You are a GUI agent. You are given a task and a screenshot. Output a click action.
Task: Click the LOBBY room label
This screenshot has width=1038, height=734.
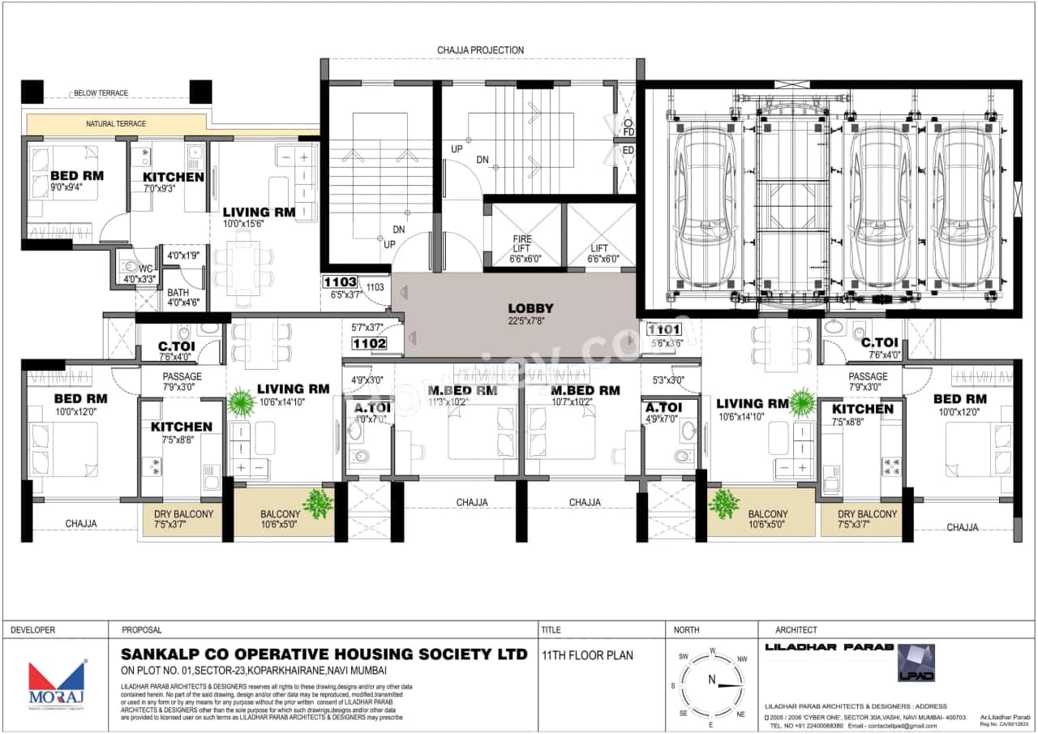tap(530, 309)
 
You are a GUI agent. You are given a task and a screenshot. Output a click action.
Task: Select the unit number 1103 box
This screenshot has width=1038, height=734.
tap(339, 282)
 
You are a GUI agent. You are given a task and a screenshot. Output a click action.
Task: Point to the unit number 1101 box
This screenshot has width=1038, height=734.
tap(664, 330)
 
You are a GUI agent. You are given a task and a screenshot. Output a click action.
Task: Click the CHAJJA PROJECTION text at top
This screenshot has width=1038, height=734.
tap(480, 50)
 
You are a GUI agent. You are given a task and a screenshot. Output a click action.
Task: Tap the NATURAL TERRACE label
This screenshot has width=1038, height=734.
tap(116, 124)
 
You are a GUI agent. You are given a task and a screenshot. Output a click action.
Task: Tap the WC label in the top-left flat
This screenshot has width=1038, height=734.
tap(146, 268)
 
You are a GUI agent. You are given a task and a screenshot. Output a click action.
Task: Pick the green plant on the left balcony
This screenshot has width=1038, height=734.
tap(317, 504)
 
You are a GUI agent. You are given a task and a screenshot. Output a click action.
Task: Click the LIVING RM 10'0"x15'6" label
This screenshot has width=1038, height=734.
tap(259, 212)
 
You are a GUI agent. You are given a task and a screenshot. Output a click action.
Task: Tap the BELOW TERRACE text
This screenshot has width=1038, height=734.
tap(101, 93)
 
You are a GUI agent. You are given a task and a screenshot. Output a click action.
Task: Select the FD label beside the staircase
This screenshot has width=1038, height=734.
tap(628, 131)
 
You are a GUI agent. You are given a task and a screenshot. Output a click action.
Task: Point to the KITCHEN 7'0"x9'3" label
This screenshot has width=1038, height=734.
tap(174, 177)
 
